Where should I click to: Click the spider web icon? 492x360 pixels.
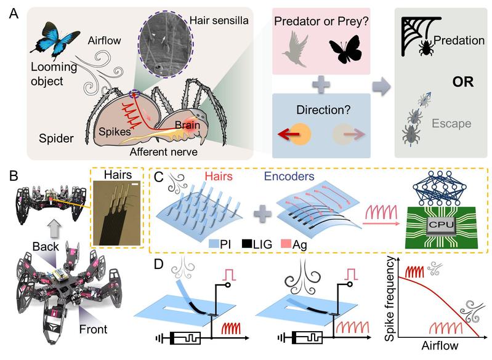(414, 34)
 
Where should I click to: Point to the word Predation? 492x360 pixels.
(458, 41)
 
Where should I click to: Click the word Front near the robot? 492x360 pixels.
(92, 329)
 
